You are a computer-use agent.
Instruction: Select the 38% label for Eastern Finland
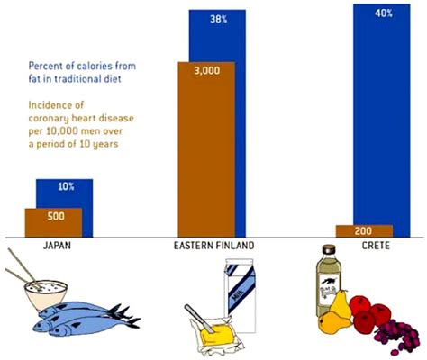(217, 19)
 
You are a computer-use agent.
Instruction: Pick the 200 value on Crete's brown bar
(363, 230)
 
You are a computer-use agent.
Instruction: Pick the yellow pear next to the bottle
(336, 321)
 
